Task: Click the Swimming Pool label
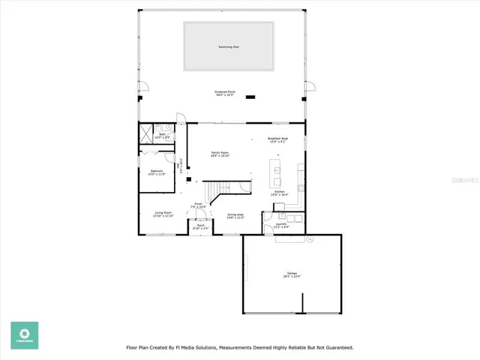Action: [228, 46]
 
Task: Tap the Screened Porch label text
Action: [225, 94]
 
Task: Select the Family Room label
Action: [219, 154]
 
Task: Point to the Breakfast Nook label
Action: [278, 139]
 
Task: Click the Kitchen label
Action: [279, 193]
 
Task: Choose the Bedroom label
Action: [157, 172]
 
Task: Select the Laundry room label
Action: [281, 224]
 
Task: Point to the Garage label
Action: [291, 274]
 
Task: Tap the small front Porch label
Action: [200, 226]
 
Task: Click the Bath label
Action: [162, 136]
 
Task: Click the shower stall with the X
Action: [145, 135]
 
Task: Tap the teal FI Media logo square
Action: [24, 335]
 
